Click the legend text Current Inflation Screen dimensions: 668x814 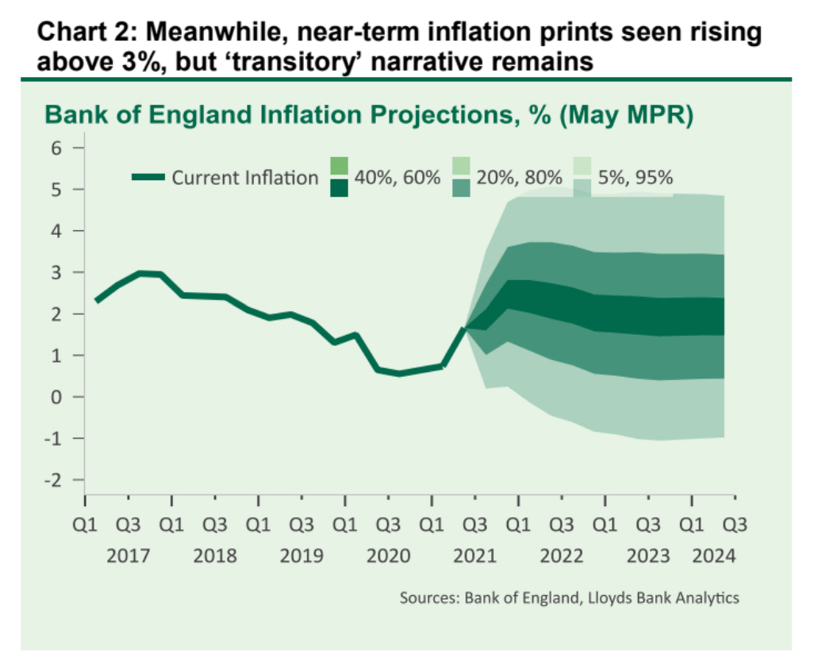coord(244,178)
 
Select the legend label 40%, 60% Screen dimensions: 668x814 coord(397,178)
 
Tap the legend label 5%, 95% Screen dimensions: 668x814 coord(635,178)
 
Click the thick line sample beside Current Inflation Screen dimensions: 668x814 coord(148,178)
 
